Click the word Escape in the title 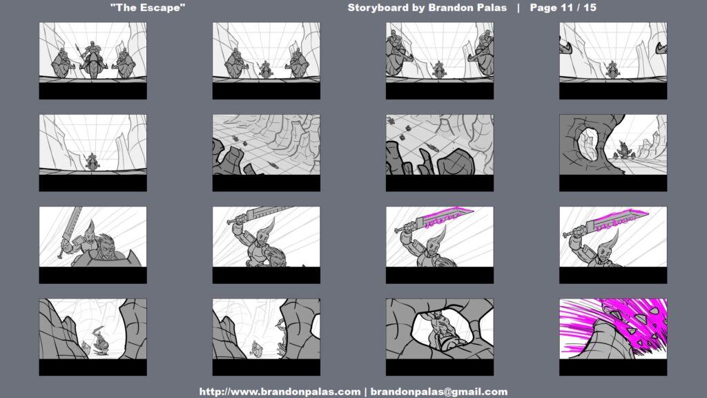164,8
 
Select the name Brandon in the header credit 454,8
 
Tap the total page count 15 590,8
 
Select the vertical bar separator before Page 519,8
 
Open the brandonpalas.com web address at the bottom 280,392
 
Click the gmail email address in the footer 438,392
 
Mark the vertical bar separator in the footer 366,392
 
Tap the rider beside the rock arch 623,150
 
